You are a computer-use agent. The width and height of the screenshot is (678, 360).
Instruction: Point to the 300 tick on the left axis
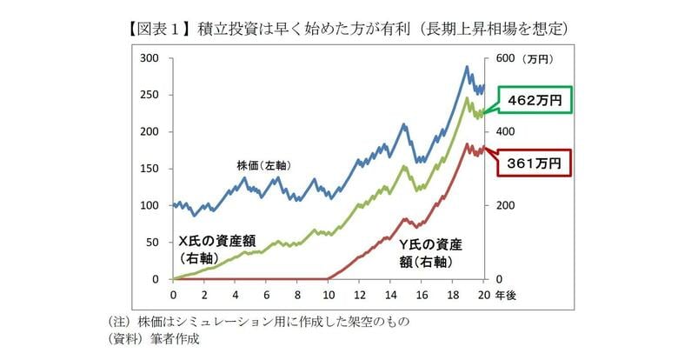click(x=150, y=58)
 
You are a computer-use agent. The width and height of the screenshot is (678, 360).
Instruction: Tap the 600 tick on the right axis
click(x=505, y=58)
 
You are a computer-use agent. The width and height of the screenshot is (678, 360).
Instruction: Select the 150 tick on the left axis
click(x=150, y=169)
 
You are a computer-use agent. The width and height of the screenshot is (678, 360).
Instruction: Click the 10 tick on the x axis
click(x=329, y=293)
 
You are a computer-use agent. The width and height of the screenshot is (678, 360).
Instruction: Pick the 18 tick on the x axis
click(x=453, y=293)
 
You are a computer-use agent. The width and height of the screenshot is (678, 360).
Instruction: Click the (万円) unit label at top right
click(x=542, y=58)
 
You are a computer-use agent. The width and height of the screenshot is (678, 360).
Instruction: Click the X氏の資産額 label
click(x=216, y=242)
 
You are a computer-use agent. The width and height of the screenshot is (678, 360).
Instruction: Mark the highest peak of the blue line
click(x=467, y=66)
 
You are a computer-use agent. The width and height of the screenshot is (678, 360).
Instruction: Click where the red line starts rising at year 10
click(x=329, y=278)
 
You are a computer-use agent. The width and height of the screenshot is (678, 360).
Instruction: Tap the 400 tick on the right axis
click(x=505, y=132)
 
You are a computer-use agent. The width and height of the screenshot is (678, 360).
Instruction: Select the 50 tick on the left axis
click(x=153, y=243)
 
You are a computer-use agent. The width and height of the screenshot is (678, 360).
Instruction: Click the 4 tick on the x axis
click(x=236, y=293)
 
